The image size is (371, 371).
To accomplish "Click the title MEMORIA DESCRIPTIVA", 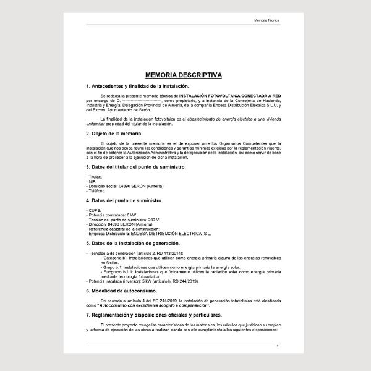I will point(185,74).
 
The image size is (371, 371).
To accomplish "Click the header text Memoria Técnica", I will point(267,20).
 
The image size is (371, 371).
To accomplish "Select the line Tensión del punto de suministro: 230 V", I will point(124,220).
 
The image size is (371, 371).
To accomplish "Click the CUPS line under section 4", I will point(95,211).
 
